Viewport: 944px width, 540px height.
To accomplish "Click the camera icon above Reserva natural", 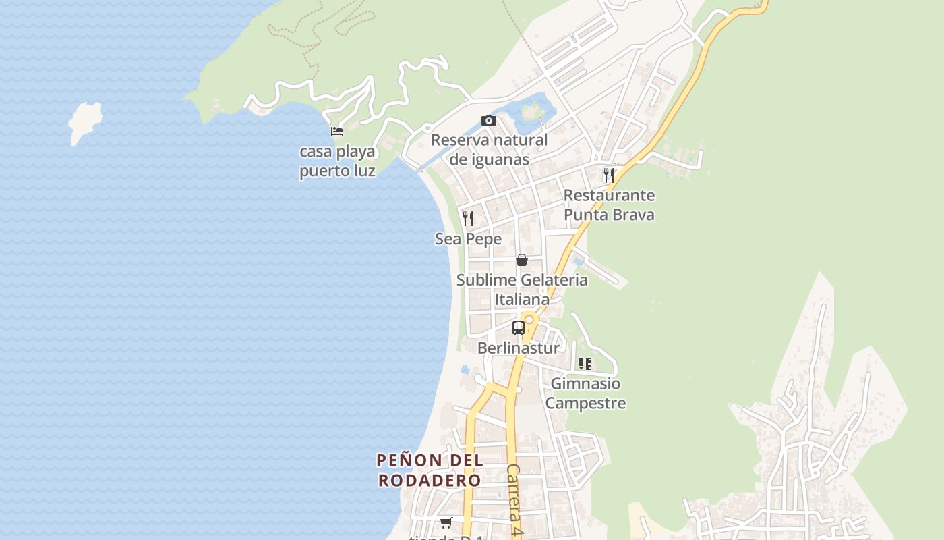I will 489,121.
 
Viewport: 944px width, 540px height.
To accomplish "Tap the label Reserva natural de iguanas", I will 489,150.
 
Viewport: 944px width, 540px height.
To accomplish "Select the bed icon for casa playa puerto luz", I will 337,132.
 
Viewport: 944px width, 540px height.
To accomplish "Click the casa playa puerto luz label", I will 337,161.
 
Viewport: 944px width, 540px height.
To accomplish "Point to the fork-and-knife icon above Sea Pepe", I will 468,218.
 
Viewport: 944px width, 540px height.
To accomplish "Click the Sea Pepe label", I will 468,239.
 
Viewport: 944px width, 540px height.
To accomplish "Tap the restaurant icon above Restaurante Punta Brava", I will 608,175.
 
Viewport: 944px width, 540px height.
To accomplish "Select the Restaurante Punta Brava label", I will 609,205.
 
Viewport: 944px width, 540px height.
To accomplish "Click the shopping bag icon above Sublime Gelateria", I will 521,259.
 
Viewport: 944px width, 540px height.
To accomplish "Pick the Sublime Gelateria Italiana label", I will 522,290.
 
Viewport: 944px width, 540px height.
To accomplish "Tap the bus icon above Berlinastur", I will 518,328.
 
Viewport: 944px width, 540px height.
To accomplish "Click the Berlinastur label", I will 518,348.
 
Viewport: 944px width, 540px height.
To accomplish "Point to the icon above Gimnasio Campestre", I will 585,364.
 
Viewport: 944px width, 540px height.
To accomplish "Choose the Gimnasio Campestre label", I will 585,394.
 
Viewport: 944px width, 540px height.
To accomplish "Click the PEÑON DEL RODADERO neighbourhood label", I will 430,470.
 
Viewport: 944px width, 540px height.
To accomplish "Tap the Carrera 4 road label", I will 514,500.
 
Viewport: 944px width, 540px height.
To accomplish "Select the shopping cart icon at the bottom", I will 446,522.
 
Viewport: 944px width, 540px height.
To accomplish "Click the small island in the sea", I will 85,122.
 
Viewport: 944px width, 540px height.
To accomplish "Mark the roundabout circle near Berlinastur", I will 529,319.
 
